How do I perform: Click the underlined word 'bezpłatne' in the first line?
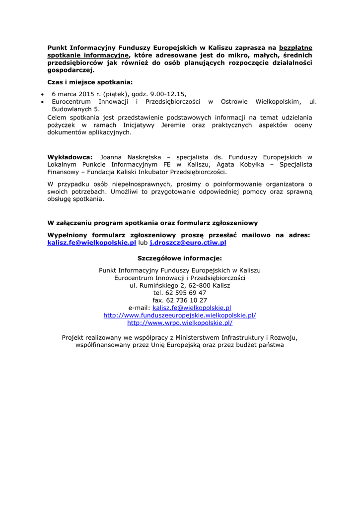click(296, 48)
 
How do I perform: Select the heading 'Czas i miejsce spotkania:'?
click(90, 82)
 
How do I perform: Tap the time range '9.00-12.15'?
click(168, 94)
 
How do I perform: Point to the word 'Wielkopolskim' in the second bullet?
click(278, 101)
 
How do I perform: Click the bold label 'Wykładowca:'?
click(70, 157)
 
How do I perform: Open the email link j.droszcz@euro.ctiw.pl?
click(188, 243)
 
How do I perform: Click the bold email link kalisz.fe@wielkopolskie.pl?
click(91, 243)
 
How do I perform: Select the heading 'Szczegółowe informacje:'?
click(180, 258)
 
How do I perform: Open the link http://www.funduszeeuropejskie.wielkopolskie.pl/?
click(180, 315)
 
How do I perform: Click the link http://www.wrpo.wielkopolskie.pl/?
click(180, 322)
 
